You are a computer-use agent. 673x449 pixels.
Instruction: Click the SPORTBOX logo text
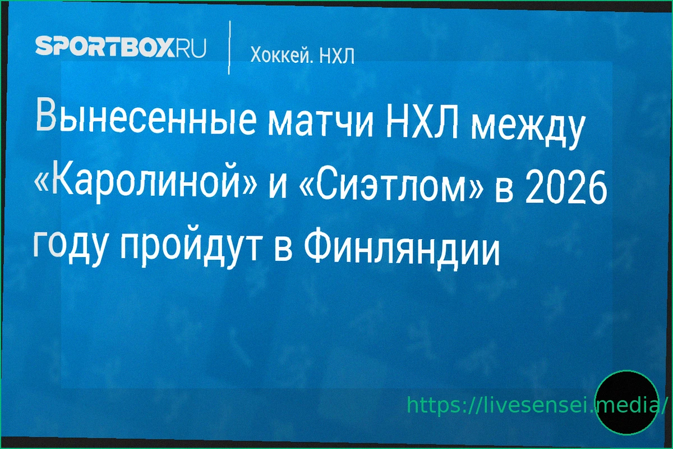(x=105, y=45)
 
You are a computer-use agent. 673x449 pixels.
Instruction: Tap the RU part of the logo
(x=191, y=47)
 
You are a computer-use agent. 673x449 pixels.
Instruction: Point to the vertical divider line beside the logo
(x=229, y=48)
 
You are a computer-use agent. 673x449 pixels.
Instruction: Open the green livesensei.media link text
(x=536, y=405)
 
